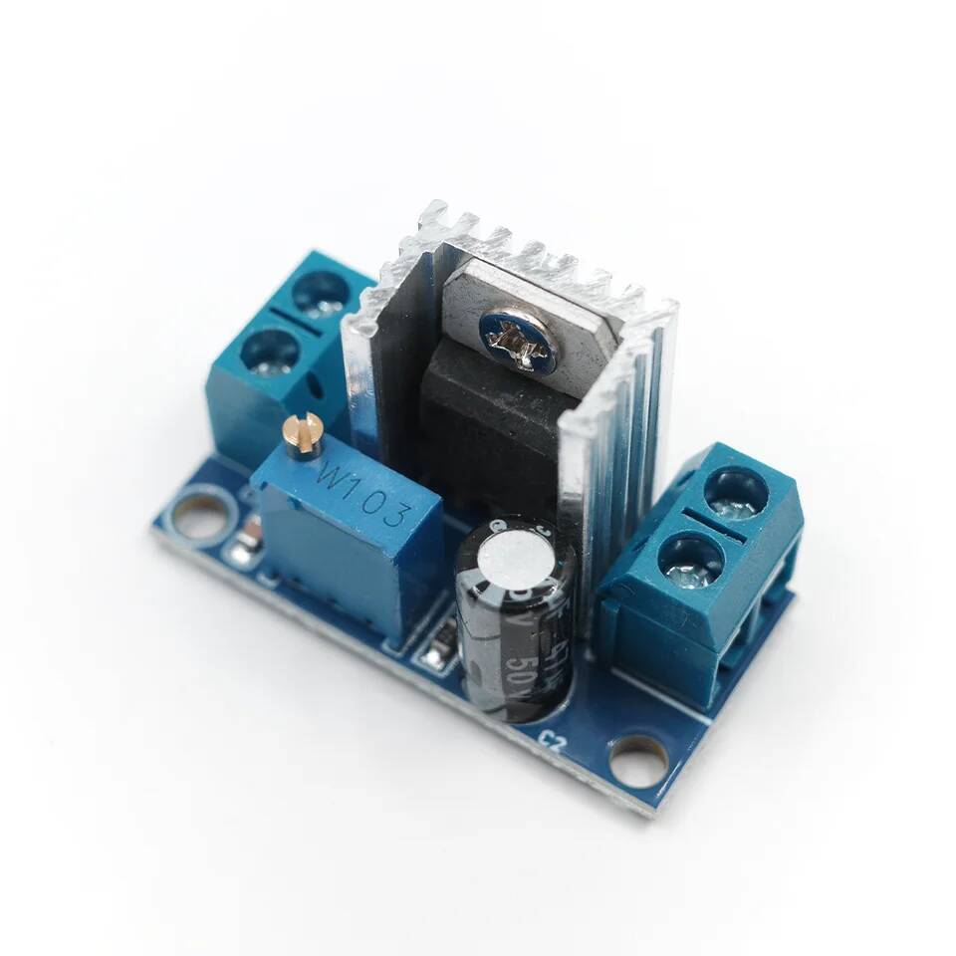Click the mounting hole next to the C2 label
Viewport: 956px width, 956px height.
tap(638, 762)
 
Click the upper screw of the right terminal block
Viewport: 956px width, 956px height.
tap(736, 493)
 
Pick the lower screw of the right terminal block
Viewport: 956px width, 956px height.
tap(690, 559)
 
